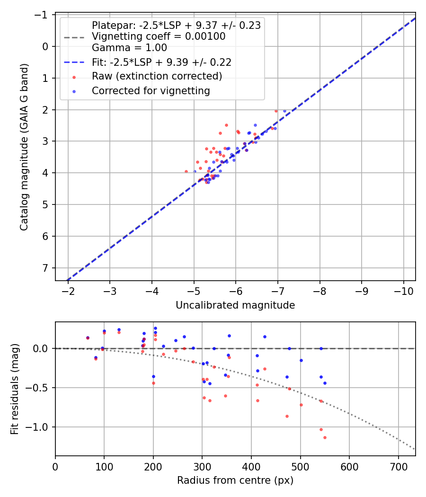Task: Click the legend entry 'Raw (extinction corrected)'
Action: pos(157,76)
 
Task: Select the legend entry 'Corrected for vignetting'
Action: pos(151,90)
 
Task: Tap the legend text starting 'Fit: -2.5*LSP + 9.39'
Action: pos(161,62)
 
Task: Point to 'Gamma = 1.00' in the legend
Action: pos(129,47)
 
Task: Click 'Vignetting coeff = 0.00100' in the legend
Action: pos(159,36)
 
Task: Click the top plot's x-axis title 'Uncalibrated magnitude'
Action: pos(235,305)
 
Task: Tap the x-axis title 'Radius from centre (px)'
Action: pos(235,480)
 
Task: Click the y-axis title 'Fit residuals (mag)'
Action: pos(15,389)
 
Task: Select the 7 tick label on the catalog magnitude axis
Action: pos(46,268)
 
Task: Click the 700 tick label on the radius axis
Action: pos(398,466)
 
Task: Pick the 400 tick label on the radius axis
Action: pos(251,466)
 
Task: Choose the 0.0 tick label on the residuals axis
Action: pos(43,348)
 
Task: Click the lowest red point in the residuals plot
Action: pos(325,437)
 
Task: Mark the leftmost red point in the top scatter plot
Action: pos(186,171)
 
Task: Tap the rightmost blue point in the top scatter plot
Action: pos(284,111)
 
